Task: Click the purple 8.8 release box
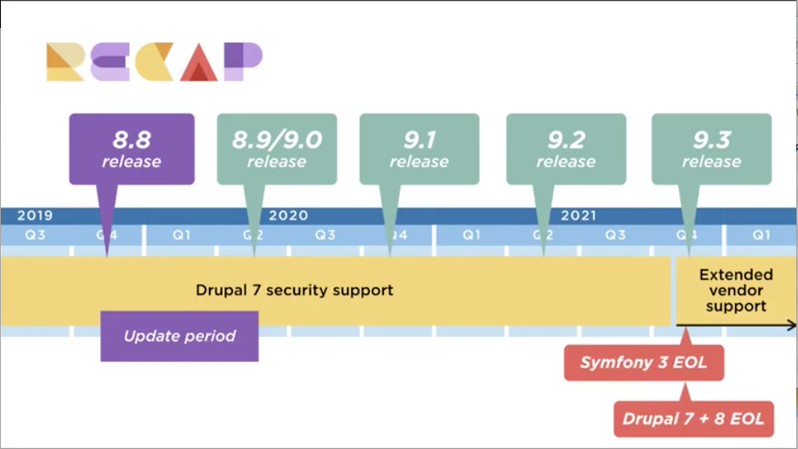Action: click(132, 149)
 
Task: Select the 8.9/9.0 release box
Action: click(277, 149)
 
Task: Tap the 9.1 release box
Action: click(419, 149)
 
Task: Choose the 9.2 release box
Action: click(566, 149)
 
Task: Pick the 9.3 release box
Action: click(711, 149)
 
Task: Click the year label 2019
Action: click(35, 215)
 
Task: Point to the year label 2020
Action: click(289, 215)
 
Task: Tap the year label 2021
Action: click(579, 215)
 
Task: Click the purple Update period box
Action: click(179, 336)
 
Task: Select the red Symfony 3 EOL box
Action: click(644, 362)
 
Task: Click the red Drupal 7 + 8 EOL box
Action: click(693, 419)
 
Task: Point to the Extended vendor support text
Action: click(736, 290)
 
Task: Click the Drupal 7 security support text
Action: click(294, 290)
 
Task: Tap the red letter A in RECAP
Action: click(199, 62)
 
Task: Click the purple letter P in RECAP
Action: click(243, 61)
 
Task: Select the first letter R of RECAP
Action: click(65, 62)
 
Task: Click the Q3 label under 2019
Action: click(36, 236)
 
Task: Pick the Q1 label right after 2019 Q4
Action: click(181, 236)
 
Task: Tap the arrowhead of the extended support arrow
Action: click(792, 326)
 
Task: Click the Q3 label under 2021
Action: click(615, 236)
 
